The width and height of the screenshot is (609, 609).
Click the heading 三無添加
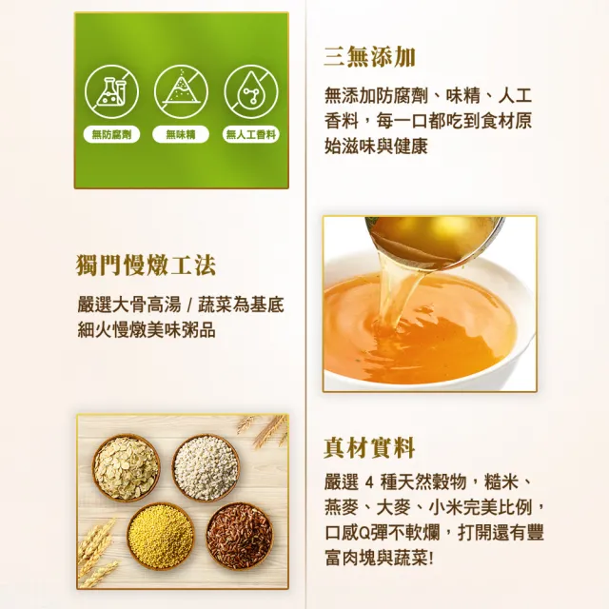point(369,57)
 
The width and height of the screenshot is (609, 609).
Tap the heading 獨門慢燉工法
point(146,265)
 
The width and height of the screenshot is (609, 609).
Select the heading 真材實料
point(369,448)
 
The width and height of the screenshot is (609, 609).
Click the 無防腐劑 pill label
point(111,135)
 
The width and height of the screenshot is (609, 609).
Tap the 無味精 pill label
point(181,135)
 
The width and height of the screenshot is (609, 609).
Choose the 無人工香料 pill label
point(251,135)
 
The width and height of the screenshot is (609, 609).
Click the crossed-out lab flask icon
point(111,91)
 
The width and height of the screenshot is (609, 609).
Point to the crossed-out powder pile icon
point(181,91)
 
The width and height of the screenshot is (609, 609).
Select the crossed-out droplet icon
point(251,91)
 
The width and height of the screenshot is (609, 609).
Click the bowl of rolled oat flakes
point(127,467)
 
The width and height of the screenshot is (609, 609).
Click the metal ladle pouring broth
point(434,241)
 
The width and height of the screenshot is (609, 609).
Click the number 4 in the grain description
point(369,483)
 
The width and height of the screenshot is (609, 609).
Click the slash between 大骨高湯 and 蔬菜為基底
point(189,305)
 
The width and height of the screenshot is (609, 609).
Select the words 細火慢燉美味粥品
point(147,330)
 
